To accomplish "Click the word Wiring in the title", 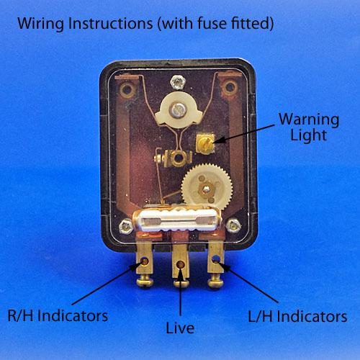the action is [40, 24].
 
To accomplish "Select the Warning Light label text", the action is [309, 127].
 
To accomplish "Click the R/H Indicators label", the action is [58, 315].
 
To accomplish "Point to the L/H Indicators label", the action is [297, 316].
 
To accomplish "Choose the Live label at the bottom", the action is [180, 328].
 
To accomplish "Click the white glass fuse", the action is [177, 220].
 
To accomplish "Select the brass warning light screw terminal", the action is [205, 143].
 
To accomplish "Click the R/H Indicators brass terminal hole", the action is [145, 261].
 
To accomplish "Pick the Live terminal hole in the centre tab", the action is [181, 264].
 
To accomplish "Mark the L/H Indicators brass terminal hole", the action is [216, 259].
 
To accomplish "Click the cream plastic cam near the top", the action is [178, 111].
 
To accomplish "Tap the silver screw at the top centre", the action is [178, 82].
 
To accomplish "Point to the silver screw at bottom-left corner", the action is [126, 226].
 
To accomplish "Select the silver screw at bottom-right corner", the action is [233, 225].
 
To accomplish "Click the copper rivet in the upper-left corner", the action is [127, 90].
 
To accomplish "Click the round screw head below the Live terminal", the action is [181, 284].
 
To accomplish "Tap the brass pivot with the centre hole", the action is [179, 158].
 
